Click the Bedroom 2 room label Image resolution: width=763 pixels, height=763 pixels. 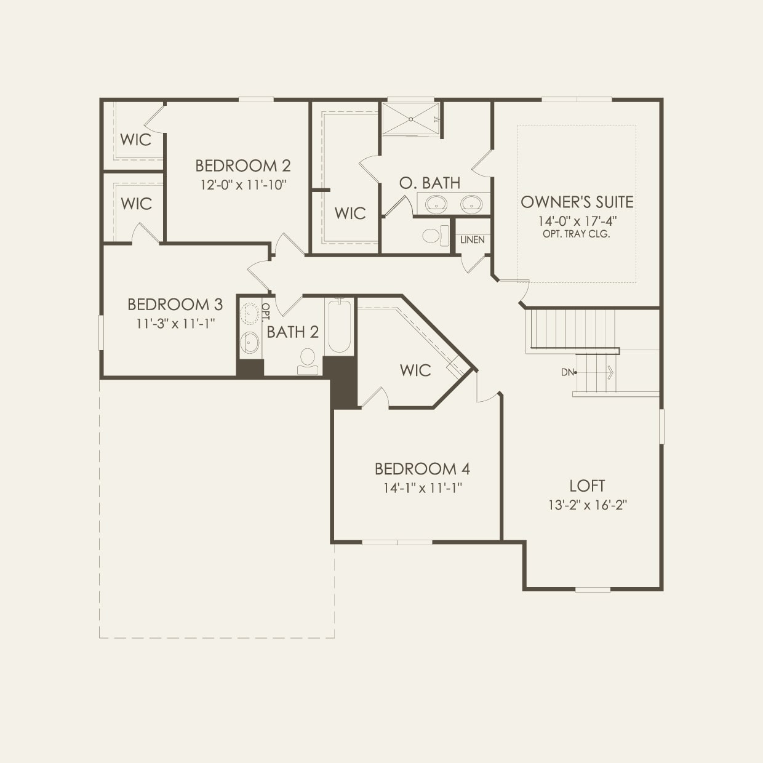pos(242,166)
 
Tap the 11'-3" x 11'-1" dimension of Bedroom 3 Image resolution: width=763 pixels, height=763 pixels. pos(175,324)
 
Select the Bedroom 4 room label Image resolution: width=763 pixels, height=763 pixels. pos(422,469)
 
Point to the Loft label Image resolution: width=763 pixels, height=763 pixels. pos(587,486)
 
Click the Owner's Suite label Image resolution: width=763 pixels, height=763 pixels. pos(577,202)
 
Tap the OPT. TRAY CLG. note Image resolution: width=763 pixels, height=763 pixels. pos(577,234)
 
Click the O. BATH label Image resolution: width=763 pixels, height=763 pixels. pos(429,183)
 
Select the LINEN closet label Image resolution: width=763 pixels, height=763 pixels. pos(473,240)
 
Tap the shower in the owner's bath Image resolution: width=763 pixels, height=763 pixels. pos(410,118)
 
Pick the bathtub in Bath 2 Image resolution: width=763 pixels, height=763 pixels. pos(338,326)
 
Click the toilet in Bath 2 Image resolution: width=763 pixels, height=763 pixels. pos(307,361)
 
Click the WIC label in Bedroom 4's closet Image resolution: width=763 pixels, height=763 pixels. pos(415,370)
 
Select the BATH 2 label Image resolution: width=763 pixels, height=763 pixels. pos(293,332)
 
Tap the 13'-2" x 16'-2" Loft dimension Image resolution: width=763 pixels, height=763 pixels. pos(587,506)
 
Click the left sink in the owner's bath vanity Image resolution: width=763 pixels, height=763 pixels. pos(436,203)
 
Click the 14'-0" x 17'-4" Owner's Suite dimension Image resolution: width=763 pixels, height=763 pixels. pos(577,220)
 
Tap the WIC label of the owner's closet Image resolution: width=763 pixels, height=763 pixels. pos(350,214)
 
